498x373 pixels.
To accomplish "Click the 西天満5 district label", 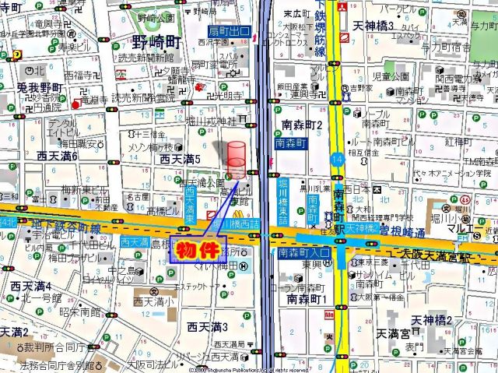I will point(181,159).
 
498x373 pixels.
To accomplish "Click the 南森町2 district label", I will point(300,125).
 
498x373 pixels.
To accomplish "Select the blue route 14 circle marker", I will point(336,159).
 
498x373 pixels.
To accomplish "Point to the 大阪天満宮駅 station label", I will point(440,255).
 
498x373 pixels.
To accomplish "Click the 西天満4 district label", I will point(31,286).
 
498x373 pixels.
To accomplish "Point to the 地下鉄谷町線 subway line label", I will point(68,227).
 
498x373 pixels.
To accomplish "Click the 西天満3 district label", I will point(205,326).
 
